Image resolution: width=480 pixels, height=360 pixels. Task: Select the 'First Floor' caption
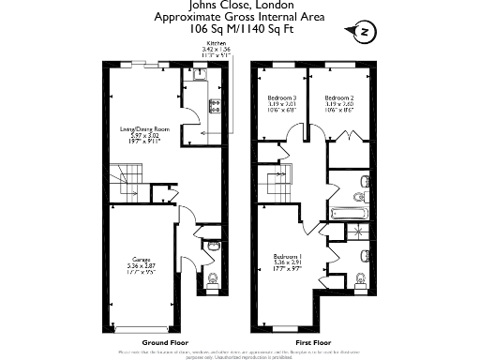point(313,343)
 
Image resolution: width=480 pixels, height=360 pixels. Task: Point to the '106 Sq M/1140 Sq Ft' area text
point(239,28)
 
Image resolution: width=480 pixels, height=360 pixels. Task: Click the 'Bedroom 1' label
point(287,257)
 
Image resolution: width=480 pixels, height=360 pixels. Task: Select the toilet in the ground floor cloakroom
point(211,277)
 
